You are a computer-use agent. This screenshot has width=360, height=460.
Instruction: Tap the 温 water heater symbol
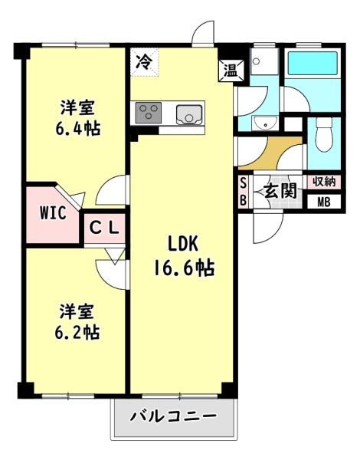tap(231, 71)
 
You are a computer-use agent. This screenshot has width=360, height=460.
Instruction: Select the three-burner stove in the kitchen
tap(149, 113)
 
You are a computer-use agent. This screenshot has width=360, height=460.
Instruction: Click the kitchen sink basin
tap(189, 115)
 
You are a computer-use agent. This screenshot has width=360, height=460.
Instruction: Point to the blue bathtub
tap(313, 63)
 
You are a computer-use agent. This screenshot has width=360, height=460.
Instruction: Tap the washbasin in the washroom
tap(265, 123)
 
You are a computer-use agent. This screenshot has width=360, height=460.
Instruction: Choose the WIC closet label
tap(53, 212)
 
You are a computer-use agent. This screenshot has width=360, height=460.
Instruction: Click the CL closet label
tap(104, 228)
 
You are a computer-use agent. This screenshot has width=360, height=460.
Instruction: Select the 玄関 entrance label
tap(280, 192)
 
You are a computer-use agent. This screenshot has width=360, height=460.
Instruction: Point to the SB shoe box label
tap(244, 192)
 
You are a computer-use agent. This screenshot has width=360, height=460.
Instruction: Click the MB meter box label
tap(324, 202)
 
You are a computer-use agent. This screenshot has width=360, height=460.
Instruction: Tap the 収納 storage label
tap(324, 182)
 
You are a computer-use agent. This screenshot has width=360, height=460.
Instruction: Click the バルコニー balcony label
tap(174, 416)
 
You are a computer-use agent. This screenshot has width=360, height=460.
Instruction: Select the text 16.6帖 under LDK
tap(185, 268)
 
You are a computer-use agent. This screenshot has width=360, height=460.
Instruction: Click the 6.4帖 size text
tap(78, 128)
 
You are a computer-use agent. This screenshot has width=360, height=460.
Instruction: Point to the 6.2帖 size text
tap(77, 332)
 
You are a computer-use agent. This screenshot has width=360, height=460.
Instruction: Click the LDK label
tap(182, 245)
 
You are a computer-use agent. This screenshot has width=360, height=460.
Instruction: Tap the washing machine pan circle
tap(257, 61)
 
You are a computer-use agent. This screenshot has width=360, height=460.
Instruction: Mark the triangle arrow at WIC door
tap(79, 199)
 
